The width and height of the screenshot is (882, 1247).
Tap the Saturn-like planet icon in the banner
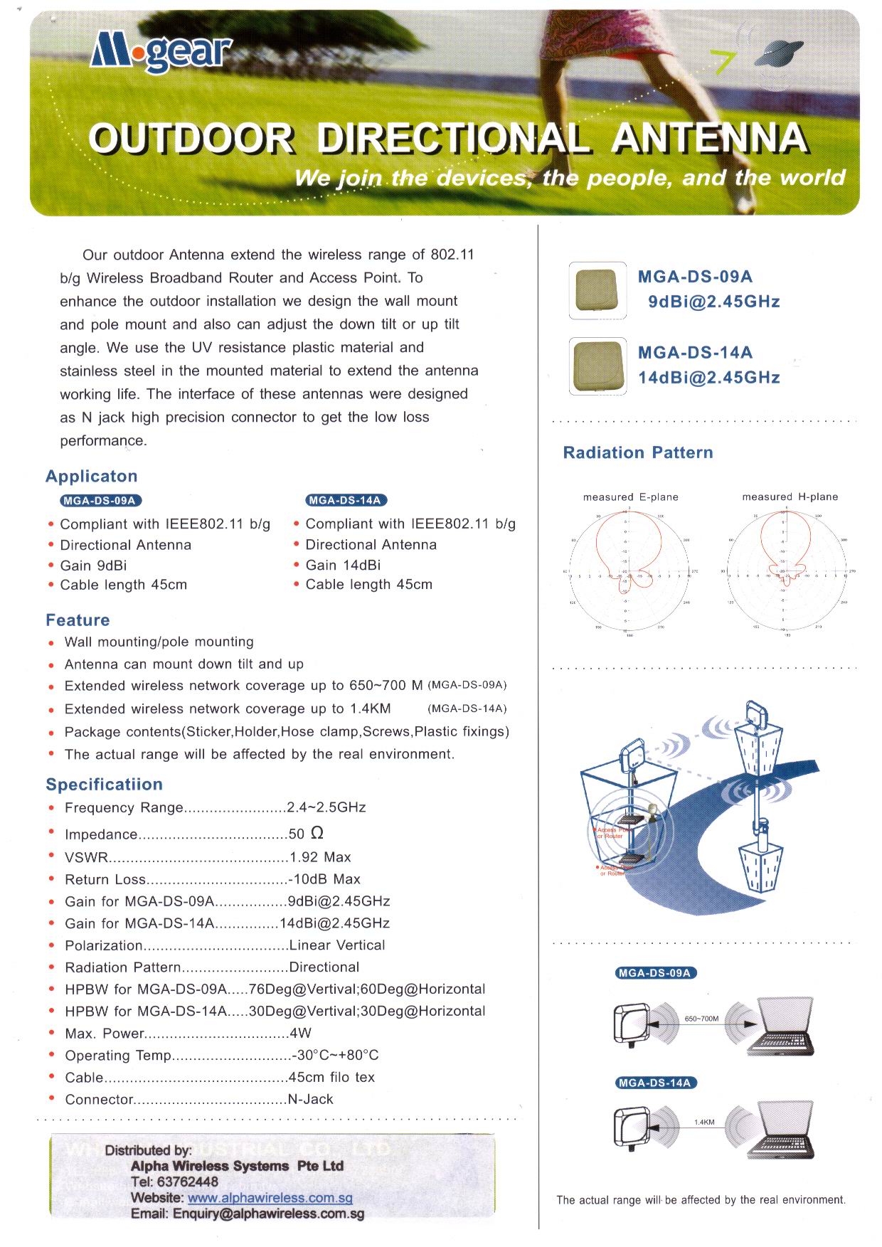click(x=780, y=54)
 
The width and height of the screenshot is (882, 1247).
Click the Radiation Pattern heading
click(x=637, y=452)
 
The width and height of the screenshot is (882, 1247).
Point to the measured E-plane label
click(x=630, y=497)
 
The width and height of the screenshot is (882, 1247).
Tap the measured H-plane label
click(x=790, y=497)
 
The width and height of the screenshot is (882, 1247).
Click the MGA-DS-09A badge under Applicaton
click(x=98, y=500)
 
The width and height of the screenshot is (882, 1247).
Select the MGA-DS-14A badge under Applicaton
click(x=346, y=500)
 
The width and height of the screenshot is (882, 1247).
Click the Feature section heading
click(x=78, y=620)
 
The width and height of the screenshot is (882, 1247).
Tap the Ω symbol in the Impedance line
click(x=317, y=833)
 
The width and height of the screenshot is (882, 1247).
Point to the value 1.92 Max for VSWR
click(x=320, y=857)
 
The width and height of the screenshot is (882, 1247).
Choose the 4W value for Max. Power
click(x=300, y=1033)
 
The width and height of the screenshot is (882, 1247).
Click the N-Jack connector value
click(x=310, y=1099)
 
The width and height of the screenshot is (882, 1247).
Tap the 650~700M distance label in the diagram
click(x=701, y=1019)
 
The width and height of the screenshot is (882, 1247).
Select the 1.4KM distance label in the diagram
click(x=703, y=1122)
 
